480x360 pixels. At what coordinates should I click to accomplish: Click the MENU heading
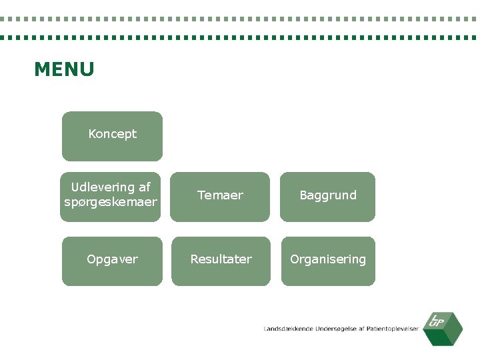(64, 69)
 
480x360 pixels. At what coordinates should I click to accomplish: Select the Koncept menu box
(112, 136)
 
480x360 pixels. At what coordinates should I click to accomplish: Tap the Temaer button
(220, 197)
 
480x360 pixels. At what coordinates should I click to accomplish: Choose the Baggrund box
(327, 197)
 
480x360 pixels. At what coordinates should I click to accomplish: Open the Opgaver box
(112, 261)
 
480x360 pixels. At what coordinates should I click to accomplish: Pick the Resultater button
(221, 261)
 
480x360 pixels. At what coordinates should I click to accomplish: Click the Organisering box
(327, 261)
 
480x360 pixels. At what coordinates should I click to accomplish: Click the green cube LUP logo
(444, 328)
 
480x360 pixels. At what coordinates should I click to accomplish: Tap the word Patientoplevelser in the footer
(393, 329)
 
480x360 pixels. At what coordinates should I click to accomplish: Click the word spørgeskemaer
(111, 201)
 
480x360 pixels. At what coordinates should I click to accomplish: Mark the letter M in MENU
(41, 69)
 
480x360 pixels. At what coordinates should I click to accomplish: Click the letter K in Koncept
(92, 134)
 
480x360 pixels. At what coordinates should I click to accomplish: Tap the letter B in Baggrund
(303, 195)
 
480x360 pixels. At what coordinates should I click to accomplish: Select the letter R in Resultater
(194, 259)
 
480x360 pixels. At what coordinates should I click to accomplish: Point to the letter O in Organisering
(294, 259)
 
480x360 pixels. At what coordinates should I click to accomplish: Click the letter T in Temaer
(201, 195)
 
